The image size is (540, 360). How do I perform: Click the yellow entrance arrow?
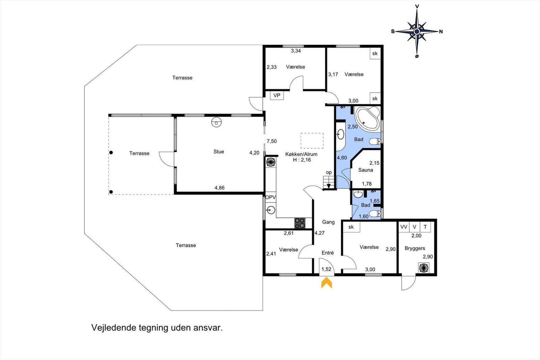327,283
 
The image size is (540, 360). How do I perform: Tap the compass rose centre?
417,31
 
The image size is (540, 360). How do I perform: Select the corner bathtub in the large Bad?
367,119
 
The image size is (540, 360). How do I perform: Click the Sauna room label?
366,170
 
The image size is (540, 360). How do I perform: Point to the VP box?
277,95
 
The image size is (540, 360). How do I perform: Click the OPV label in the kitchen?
270,197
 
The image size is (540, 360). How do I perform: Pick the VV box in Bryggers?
404,227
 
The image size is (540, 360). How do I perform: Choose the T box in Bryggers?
425,227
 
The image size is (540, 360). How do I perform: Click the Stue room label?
219,152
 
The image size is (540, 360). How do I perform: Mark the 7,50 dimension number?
272,141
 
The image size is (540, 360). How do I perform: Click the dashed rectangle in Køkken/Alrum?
312,141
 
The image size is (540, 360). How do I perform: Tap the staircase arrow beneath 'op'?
328,186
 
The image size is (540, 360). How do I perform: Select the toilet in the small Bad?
375,213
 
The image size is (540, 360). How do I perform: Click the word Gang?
328,222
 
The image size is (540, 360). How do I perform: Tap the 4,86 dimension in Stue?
219,188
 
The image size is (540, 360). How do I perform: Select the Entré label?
328,253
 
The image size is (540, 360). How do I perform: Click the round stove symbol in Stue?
216,122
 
